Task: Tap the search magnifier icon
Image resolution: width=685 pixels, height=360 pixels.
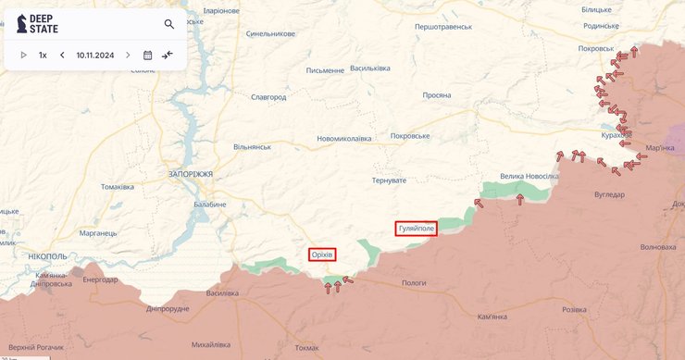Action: click(x=169, y=24)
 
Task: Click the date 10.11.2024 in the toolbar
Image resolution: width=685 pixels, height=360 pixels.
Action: click(x=95, y=56)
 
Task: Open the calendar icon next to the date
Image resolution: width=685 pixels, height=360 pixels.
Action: click(x=147, y=56)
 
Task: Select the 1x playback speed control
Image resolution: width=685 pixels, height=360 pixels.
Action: click(x=43, y=56)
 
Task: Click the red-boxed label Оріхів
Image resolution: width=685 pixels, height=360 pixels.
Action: click(x=322, y=254)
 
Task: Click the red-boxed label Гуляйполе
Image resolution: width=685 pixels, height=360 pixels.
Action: click(x=416, y=228)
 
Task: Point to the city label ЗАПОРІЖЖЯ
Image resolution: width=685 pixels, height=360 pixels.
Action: click(x=191, y=174)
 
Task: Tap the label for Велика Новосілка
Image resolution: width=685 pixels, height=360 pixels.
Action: click(x=529, y=176)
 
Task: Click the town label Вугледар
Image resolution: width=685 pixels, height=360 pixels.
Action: click(x=609, y=194)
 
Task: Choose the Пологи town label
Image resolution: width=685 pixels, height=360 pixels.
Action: click(x=414, y=282)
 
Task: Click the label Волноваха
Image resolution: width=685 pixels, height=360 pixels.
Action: click(x=658, y=247)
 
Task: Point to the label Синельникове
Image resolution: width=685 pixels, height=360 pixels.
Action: click(x=270, y=34)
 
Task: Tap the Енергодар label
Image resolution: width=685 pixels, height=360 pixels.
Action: click(x=99, y=279)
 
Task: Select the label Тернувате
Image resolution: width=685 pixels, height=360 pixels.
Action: click(x=389, y=180)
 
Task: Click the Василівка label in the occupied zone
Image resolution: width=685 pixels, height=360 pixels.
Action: click(x=221, y=293)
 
